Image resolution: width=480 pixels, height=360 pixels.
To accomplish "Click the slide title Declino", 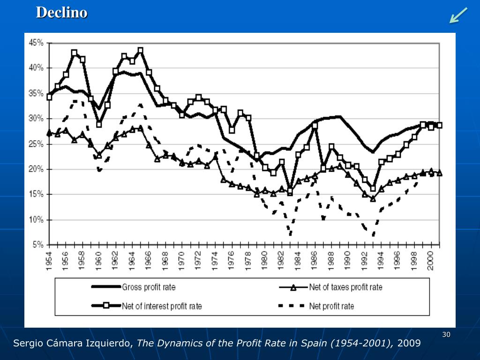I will pyautogui.click(x=62, y=13).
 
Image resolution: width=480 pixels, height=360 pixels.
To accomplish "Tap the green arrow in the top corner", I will pyautogui.click(x=458, y=15).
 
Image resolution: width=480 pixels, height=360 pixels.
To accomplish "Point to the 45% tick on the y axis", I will pyautogui.click(x=36, y=43).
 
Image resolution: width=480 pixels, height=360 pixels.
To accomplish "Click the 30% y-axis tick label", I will pyautogui.click(x=36, y=118).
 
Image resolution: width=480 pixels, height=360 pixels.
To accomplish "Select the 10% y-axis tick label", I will pyautogui.click(x=36, y=219).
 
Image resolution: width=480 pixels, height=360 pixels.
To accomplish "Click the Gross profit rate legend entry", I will pyautogui.click(x=149, y=287).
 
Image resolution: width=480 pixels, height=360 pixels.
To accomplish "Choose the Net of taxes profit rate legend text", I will pyautogui.click(x=345, y=287).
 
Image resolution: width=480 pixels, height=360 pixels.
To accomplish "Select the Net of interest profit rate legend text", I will pyautogui.click(x=162, y=306).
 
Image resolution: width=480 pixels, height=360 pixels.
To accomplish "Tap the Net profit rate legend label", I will pyautogui.click(x=331, y=306).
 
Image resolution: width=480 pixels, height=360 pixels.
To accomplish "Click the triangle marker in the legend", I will pyautogui.click(x=293, y=287).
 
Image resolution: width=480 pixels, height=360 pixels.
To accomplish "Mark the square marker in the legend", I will pyautogui.click(x=106, y=306).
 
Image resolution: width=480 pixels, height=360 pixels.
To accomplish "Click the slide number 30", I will pyautogui.click(x=446, y=334).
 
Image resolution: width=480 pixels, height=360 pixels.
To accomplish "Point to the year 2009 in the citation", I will pyautogui.click(x=409, y=344).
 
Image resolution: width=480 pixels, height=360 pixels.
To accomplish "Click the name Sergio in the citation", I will pyautogui.click(x=27, y=344).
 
